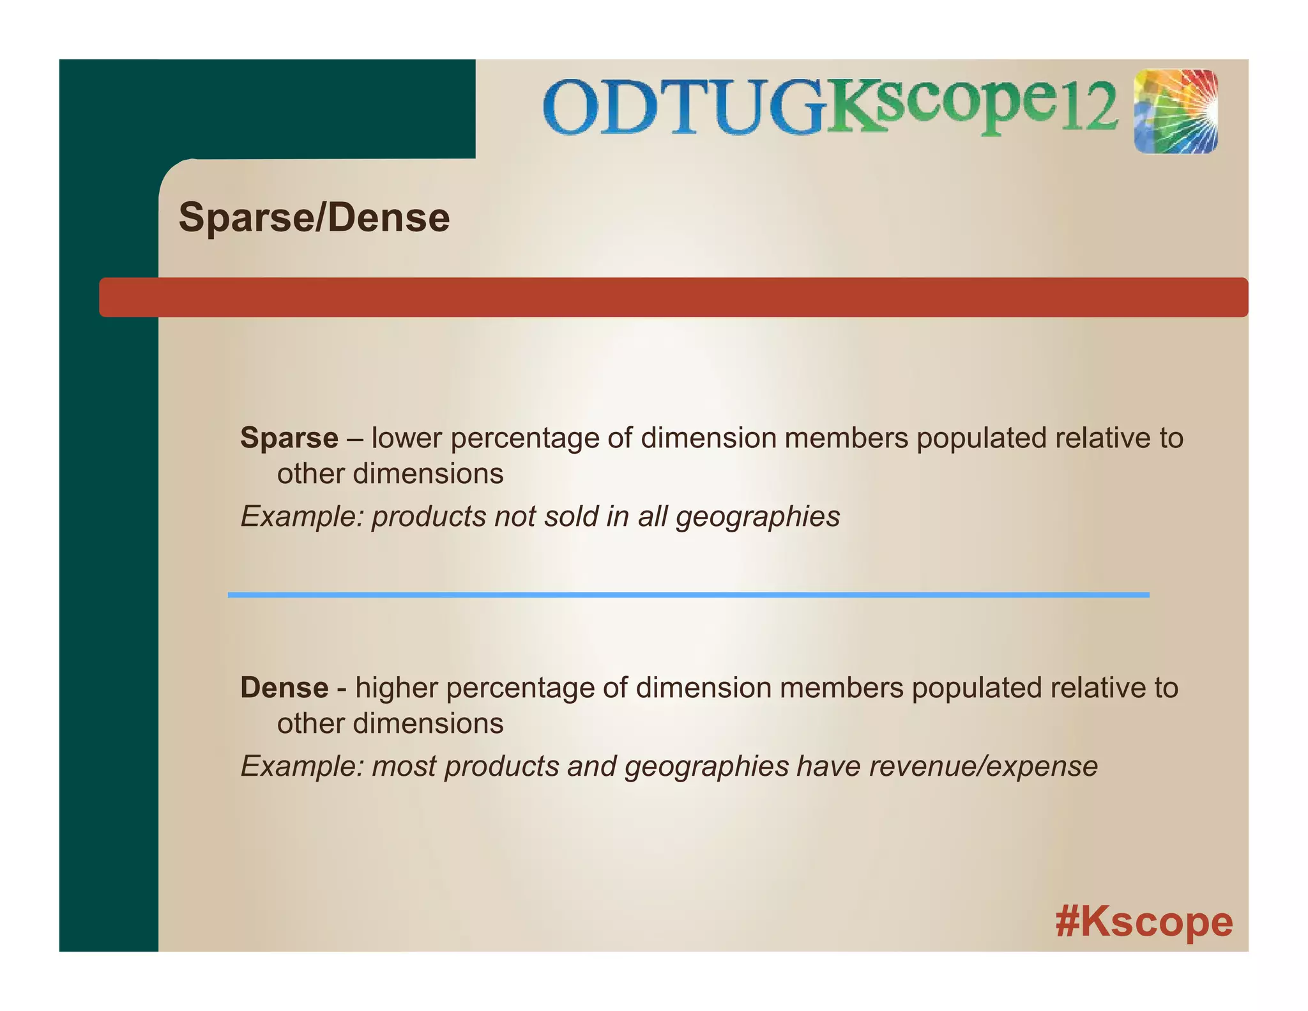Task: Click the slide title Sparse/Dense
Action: (314, 217)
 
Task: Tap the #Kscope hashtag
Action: (1144, 922)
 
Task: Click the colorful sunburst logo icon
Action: (1176, 112)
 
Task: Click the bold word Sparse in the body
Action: (289, 438)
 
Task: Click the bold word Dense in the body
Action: (284, 688)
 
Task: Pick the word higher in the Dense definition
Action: (396, 688)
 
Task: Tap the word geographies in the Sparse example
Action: (757, 516)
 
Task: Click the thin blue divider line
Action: (688, 595)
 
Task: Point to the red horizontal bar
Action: (673, 297)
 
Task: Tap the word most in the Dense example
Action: (404, 766)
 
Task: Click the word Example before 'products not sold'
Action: (301, 516)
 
